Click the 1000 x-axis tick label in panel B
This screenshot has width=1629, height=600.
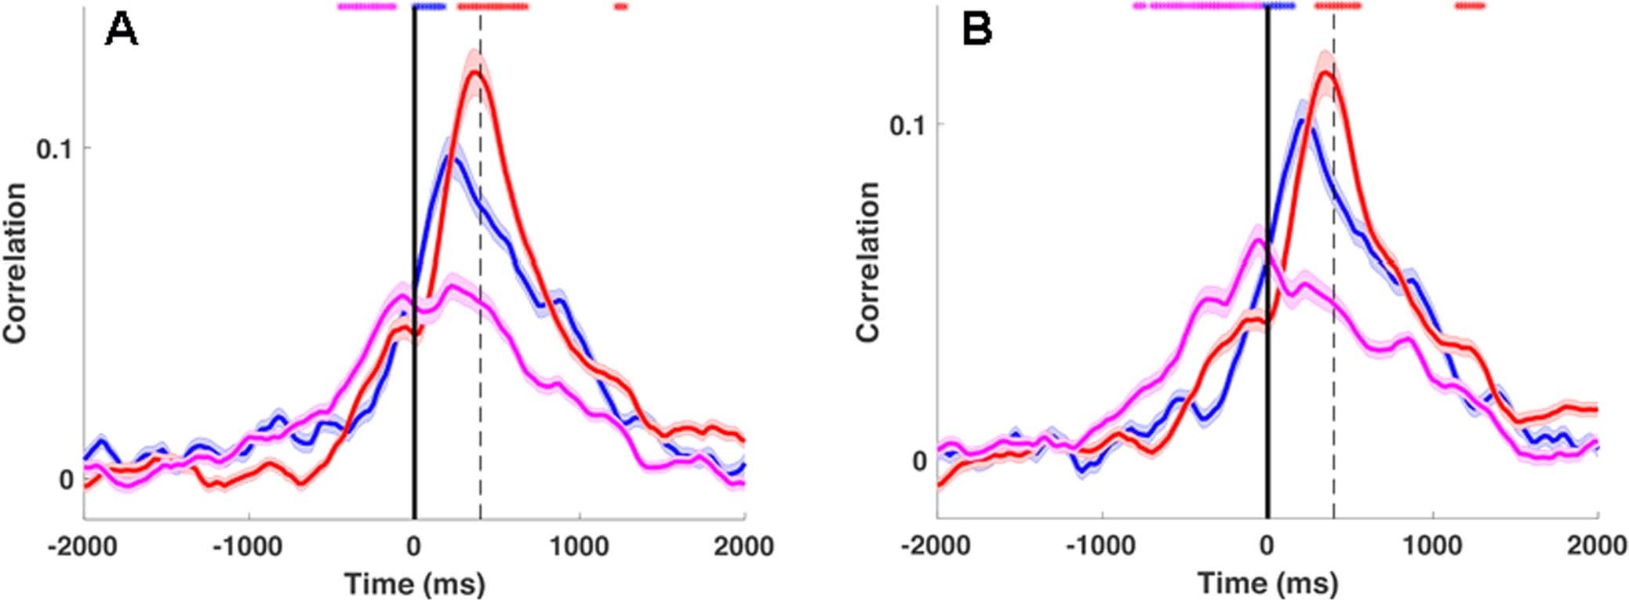click(1432, 546)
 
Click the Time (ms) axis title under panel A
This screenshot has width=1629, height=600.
click(414, 584)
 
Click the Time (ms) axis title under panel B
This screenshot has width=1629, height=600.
click(1267, 584)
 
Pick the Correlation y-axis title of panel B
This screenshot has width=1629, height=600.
click(867, 261)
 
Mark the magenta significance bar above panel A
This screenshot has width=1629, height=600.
click(366, 6)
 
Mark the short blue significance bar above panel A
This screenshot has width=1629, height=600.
click(429, 6)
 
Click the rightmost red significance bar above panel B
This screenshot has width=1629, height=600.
click(1470, 6)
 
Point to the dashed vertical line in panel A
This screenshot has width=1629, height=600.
click(480, 314)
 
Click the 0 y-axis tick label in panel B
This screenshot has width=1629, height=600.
click(919, 460)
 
